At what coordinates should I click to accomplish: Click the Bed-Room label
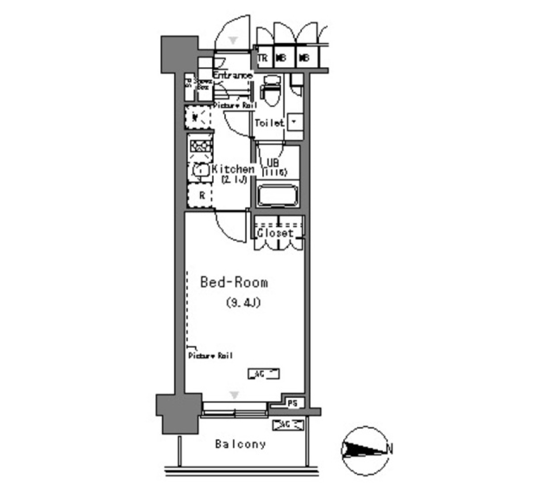click(x=233, y=283)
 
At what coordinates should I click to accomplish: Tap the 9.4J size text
click(x=243, y=303)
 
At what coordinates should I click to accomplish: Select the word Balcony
click(x=240, y=444)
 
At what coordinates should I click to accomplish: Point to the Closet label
click(x=275, y=233)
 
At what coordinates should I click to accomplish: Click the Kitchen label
click(x=233, y=170)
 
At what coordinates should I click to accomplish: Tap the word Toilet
click(x=269, y=122)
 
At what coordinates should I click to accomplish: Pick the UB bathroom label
click(x=273, y=163)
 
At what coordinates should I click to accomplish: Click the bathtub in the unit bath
click(x=278, y=195)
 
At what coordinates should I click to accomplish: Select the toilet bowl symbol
click(x=269, y=92)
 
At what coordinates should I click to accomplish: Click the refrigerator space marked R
click(x=201, y=195)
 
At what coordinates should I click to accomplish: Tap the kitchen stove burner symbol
click(x=201, y=147)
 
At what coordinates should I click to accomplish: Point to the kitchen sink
click(x=200, y=170)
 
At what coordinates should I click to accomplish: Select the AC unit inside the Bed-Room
click(x=263, y=374)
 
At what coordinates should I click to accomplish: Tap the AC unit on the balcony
click(x=288, y=425)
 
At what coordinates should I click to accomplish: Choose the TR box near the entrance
click(x=263, y=58)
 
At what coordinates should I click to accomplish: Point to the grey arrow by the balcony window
click(x=234, y=394)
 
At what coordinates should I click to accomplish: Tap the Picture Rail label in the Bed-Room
click(x=210, y=356)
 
